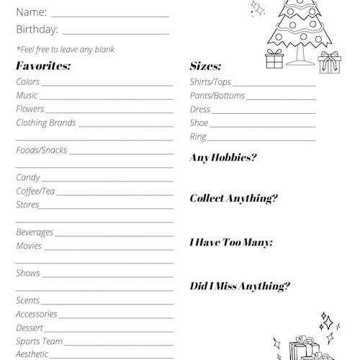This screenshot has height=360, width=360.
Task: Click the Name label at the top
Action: [31, 12]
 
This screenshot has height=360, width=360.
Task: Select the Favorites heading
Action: [43, 66]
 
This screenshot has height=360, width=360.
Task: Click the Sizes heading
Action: [205, 66]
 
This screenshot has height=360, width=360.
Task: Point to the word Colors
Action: [28, 81]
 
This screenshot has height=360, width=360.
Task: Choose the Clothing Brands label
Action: [46, 122]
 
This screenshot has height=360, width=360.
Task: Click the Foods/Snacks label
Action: [41, 150]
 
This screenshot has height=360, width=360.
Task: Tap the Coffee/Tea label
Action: [35, 191]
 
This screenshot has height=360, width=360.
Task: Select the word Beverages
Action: [35, 232]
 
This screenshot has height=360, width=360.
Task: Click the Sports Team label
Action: [39, 341]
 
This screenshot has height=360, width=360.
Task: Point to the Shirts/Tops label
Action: [210, 82]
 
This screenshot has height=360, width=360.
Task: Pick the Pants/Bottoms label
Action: [217, 96]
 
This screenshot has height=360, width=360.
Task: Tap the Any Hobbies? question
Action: [222, 158]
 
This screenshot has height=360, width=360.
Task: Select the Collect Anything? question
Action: [233, 199]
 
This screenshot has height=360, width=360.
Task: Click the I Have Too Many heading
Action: [230, 243]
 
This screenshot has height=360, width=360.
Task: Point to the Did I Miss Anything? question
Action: [240, 286]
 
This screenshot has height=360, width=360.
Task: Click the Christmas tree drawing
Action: [300, 29]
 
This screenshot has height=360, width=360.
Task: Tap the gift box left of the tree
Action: [274, 59]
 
